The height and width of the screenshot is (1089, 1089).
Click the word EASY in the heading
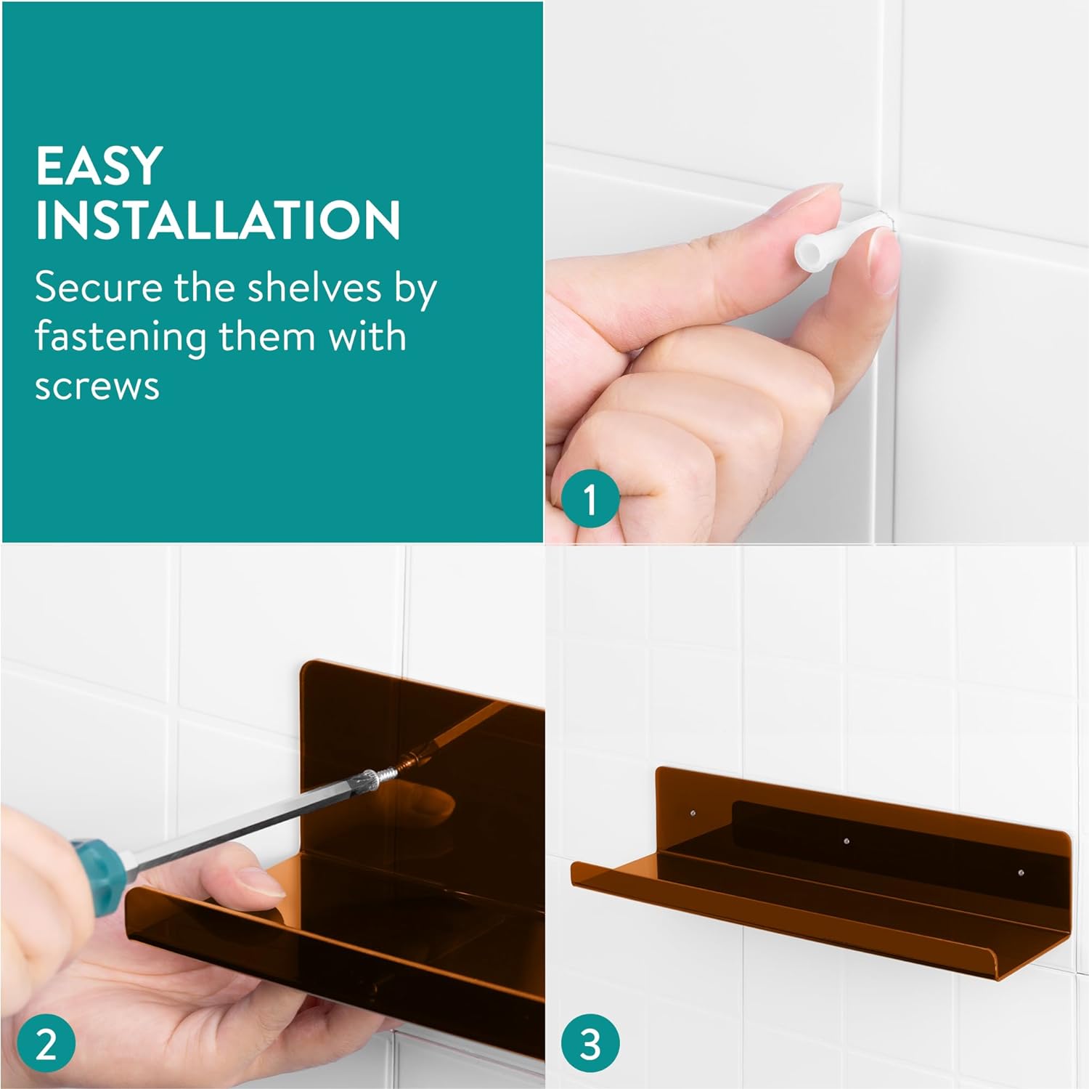pos(99,166)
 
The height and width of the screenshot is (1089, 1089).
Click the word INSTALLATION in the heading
pos(218,219)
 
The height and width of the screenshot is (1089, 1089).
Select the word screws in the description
pos(97,387)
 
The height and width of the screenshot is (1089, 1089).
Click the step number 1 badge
pos(590,499)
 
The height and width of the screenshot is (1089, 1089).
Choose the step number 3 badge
pos(590,1045)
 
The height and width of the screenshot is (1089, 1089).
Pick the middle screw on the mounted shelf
pos(847,842)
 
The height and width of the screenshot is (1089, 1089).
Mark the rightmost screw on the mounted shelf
pos(1021,872)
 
